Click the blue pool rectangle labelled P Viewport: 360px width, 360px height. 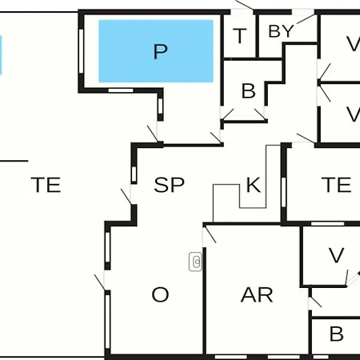[x=156, y=51]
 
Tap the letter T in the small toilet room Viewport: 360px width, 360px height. [x=240, y=36]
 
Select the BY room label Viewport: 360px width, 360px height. [x=281, y=31]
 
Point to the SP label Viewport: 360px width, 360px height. [x=169, y=185]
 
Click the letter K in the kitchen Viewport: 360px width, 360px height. [x=254, y=185]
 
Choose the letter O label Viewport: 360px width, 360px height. [x=160, y=294]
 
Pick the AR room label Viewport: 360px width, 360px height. [x=257, y=294]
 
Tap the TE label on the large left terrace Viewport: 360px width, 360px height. [x=46, y=185]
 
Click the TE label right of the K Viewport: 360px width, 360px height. [x=336, y=185]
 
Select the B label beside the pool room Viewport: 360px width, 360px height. [x=248, y=91]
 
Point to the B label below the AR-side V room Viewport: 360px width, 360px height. [x=336, y=334]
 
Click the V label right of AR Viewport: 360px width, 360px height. [x=336, y=255]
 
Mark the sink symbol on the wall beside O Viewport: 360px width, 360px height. [x=195, y=262]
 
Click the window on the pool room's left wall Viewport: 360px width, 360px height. [x=82, y=51]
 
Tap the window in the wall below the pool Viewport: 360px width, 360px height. [x=121, y=90]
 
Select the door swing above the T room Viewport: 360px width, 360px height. [x=245, y=5]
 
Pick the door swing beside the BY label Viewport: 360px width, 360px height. [x=306, y=18]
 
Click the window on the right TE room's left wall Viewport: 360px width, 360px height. [x=283, y=192]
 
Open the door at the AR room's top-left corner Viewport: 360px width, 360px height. [x=210, y=234]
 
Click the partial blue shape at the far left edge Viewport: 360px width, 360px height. [x=1, y=55]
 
